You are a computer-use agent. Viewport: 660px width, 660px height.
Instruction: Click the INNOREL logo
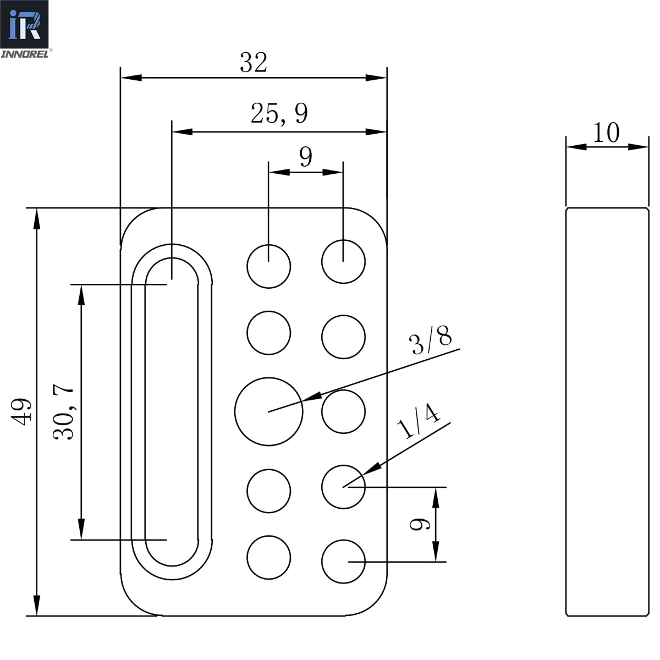pos(25,28)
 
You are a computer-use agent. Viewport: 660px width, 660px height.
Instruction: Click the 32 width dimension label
pos(254,63)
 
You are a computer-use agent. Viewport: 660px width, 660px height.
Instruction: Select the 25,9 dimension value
pos(279,114)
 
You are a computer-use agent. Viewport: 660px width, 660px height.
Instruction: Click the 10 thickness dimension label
pos(606,133)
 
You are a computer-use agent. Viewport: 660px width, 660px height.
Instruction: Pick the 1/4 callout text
pos(419,422)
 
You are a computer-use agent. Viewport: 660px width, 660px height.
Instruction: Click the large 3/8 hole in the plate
pos(268,411)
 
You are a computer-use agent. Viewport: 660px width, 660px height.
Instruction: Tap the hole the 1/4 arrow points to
pos(343,487)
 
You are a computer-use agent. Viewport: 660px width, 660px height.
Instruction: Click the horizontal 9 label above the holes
pos(306,157)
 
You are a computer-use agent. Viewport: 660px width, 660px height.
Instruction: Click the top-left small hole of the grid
pos(268,266)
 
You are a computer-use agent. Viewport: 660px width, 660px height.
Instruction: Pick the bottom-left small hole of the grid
pos(268,557)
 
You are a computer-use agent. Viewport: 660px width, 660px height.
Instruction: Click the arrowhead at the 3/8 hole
pos(311,397)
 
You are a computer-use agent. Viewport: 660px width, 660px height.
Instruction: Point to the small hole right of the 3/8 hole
pos(343,411)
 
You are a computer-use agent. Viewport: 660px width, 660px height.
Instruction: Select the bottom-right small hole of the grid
pos(343,562)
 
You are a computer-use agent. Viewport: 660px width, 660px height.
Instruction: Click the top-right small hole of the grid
pos(343,261)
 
